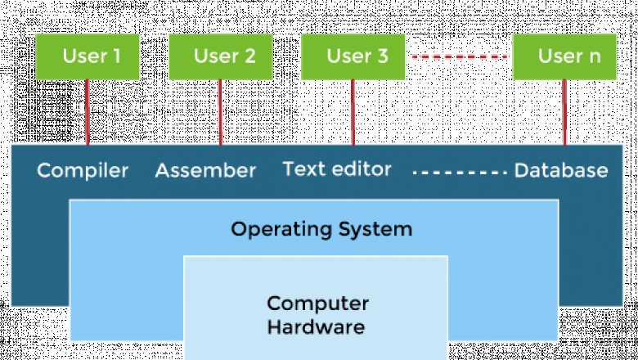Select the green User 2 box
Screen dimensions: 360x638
220,56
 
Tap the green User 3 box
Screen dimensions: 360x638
354,56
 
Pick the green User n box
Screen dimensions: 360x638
565,56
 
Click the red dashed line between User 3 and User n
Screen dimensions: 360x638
461,57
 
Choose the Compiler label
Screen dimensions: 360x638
83,171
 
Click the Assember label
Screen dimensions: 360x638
205,171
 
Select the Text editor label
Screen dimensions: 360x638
337,169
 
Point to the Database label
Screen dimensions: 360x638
561,171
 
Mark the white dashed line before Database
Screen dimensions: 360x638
460,172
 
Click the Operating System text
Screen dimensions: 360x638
321,228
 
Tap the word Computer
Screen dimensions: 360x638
317,304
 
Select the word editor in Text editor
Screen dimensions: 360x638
363,169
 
